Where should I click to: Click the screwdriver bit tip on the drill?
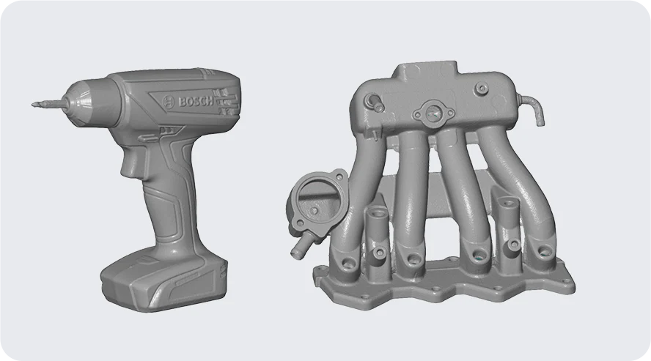(33, 105)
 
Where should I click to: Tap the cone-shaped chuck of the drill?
(83, 102)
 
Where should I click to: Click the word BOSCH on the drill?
(196, 101)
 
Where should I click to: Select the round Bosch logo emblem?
(168, 102)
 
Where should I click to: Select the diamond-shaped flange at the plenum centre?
(433, 111)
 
